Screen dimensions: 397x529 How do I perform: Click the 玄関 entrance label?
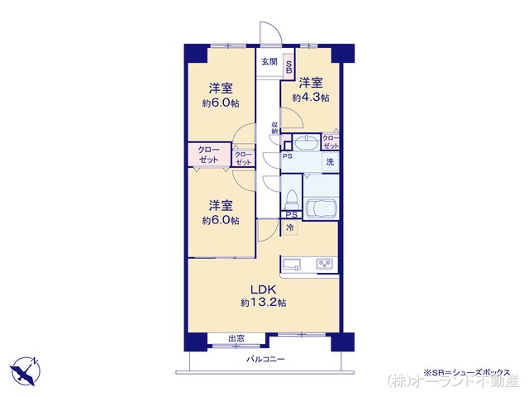point(269,62)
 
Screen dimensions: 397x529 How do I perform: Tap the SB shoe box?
point(289,68)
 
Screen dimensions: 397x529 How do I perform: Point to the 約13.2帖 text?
point(264,304)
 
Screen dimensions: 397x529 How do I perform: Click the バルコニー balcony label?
point(265,359)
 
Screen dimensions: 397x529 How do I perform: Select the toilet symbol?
point(292,199)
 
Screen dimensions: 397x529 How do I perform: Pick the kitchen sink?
point(293,265)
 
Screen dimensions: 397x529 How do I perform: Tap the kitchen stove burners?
point(323,265)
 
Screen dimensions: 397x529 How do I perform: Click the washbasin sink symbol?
point(306,142)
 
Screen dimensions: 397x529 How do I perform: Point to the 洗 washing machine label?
point(329,161)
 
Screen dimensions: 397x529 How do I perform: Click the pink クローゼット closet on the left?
point(208,155)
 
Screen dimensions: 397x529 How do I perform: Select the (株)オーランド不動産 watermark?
point(453,383)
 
